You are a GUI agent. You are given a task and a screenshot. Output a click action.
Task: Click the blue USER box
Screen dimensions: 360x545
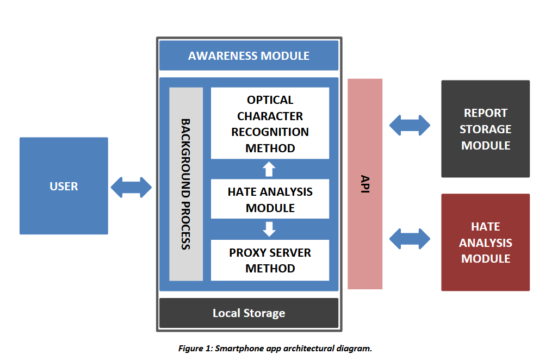[64, 185]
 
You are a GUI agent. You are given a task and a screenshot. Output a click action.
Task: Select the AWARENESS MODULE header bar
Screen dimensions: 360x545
[249, 55]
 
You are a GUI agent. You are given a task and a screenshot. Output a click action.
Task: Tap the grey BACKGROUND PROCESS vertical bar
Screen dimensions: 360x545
[185, 184]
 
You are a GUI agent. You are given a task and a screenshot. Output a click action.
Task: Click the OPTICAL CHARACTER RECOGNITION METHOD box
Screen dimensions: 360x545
[270, 123]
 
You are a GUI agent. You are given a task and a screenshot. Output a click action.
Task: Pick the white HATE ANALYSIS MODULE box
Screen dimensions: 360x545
[270, 199]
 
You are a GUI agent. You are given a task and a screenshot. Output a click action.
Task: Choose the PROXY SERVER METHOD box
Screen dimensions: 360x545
[270, 260]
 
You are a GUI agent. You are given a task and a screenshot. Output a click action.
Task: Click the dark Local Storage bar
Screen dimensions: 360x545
[249, 313]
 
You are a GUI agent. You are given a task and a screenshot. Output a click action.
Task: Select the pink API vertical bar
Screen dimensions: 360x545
[364, 184]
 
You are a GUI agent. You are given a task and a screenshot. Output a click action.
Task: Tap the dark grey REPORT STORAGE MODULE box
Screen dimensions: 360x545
[485, 129]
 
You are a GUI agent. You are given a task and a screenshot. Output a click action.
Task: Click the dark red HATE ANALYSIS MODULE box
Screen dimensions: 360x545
[485, 243]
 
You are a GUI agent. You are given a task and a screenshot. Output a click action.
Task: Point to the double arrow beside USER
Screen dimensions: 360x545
[131, 187]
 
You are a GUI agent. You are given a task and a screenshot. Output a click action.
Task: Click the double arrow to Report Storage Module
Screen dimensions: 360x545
[410, 125]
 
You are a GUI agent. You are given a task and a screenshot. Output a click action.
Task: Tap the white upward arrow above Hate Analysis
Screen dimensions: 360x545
[269, 169]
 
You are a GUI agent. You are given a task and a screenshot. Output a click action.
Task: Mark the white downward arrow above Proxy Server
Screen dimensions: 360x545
[269, 229]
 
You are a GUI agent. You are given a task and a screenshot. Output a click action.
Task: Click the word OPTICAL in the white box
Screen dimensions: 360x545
[270, 100]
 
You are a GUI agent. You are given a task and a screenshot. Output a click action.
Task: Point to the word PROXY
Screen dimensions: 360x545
[247, 253]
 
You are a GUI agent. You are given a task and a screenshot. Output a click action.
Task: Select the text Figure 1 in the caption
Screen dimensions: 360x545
[195, 349]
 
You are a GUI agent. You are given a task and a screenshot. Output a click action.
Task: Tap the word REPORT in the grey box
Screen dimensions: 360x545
[485, 113]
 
